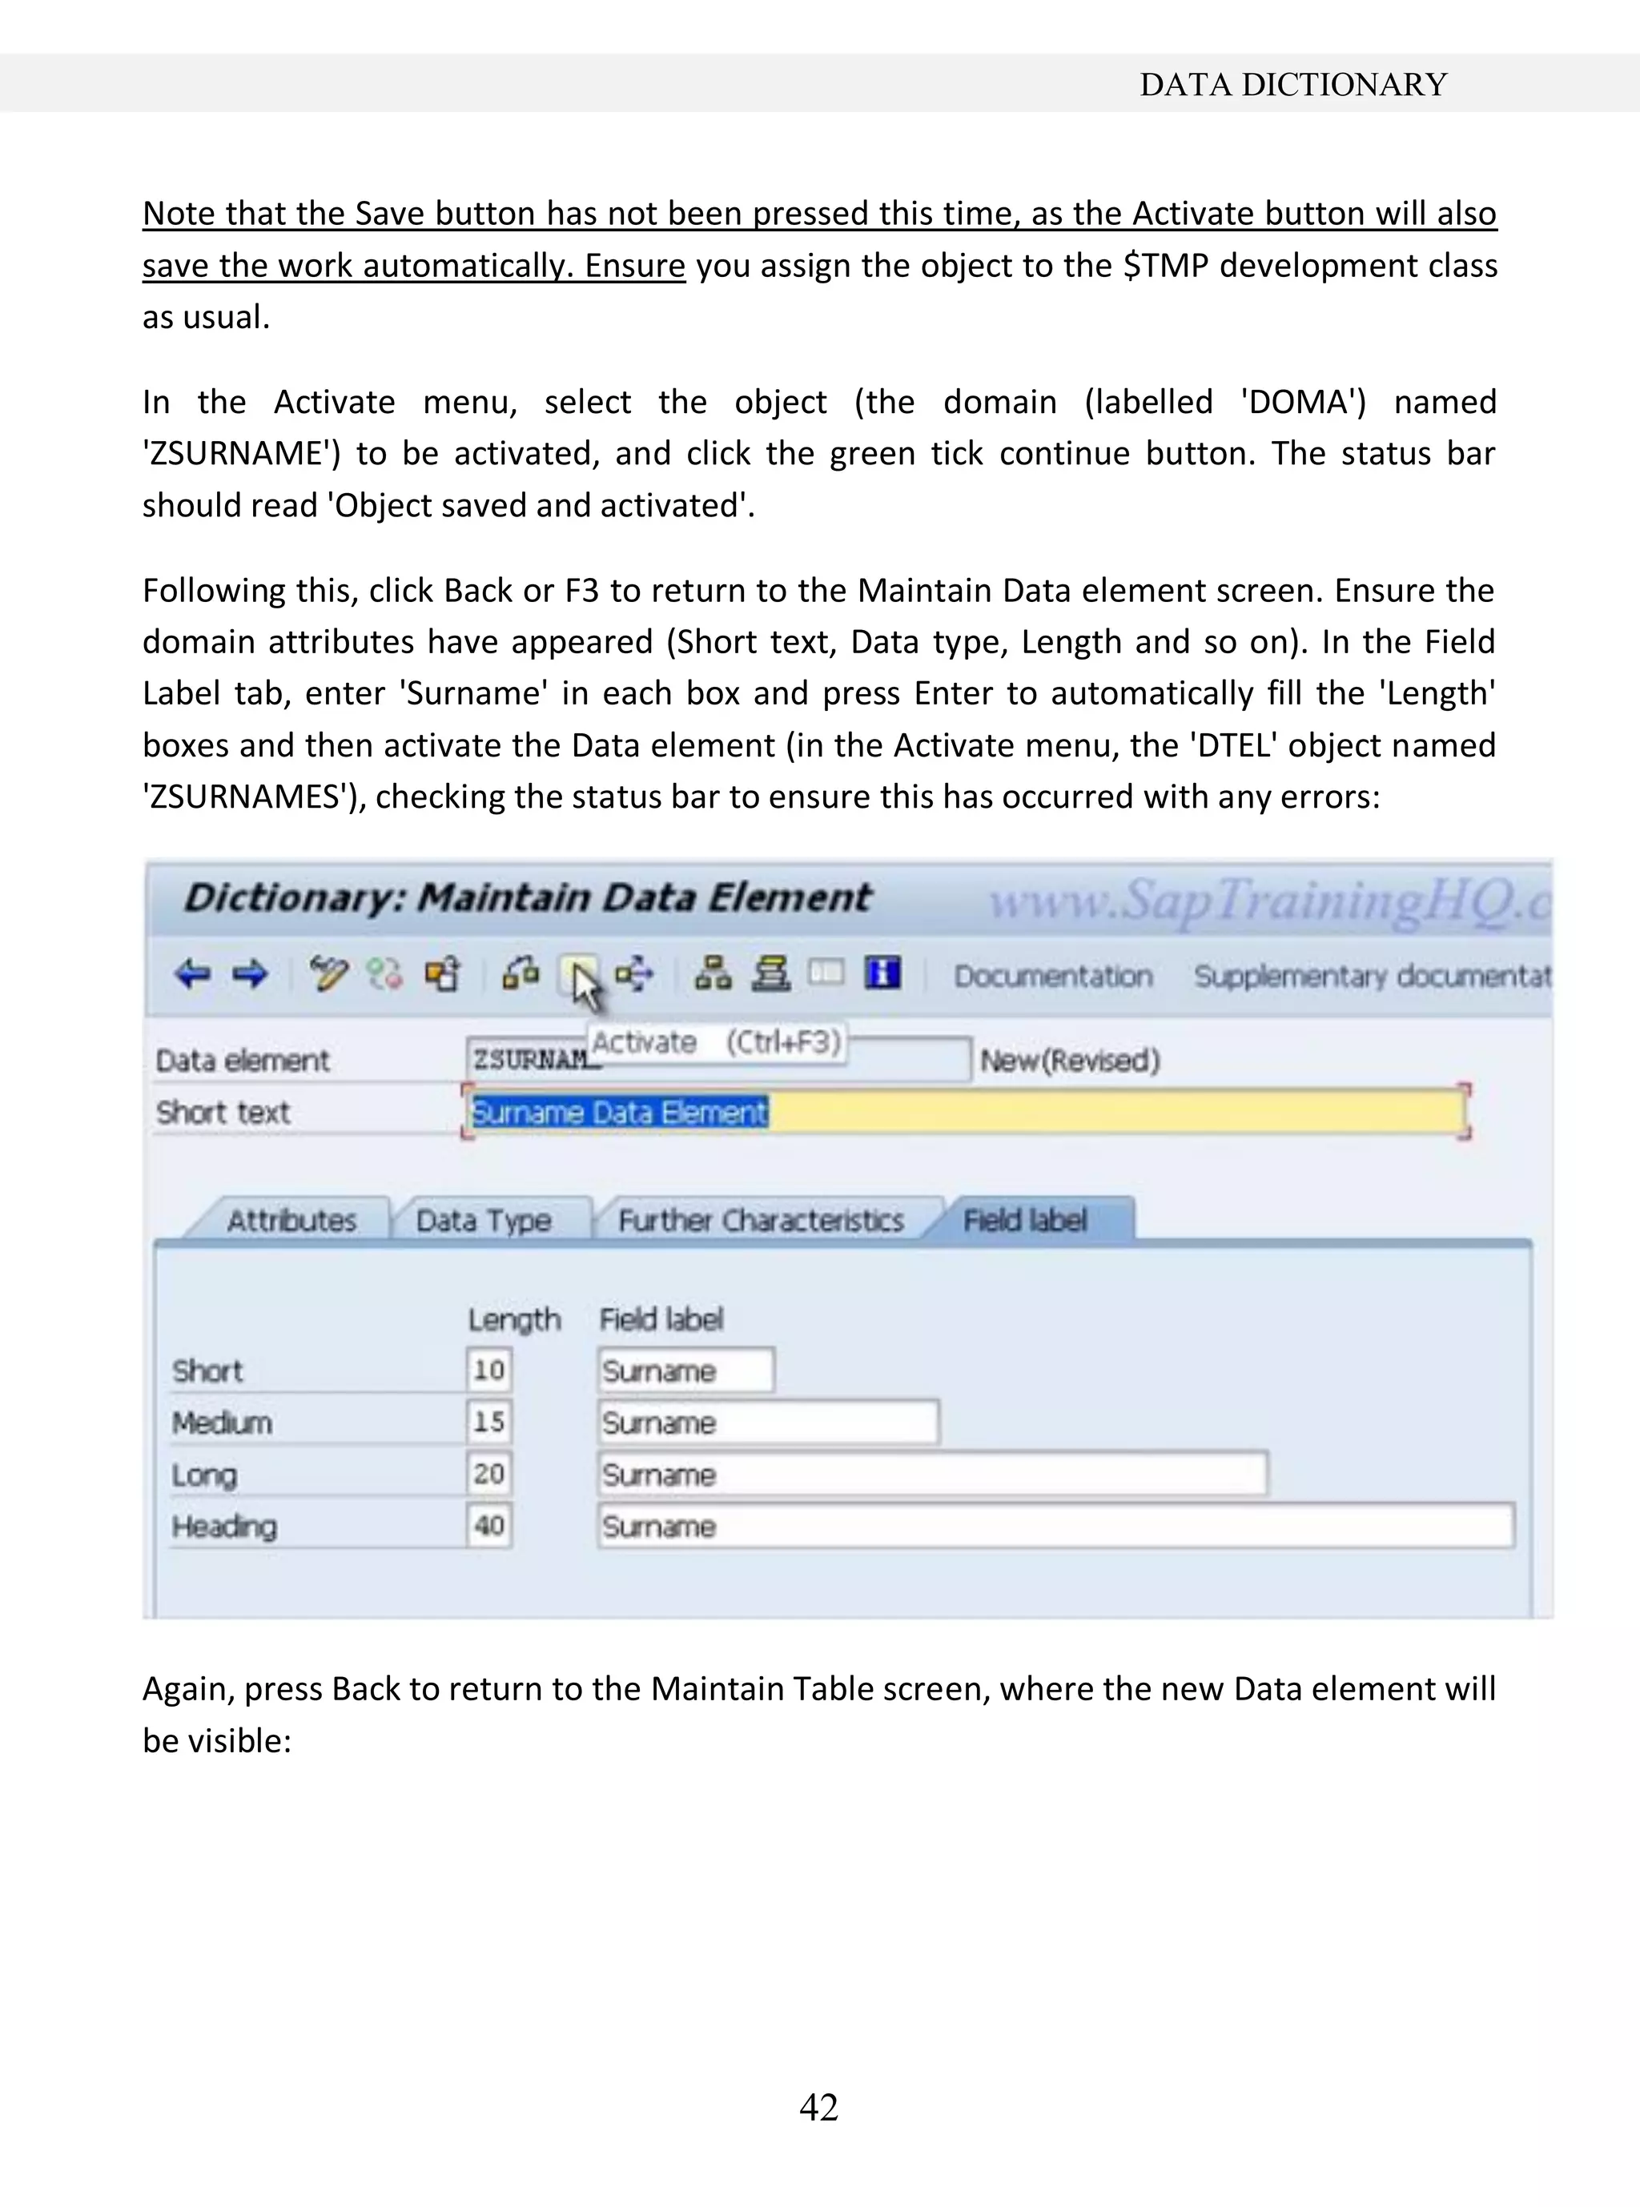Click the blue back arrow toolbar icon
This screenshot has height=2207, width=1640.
[193, 974]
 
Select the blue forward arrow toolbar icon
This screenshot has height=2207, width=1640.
[250, 974]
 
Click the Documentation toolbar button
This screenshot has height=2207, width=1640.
[1052, 977]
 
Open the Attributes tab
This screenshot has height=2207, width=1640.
[291, 1220]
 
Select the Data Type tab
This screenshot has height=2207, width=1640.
[484, 1220]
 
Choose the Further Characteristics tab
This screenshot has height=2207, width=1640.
[761, 1220]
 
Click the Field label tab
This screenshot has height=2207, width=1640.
[1026, 1220]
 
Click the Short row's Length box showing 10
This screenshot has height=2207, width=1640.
[488, 1370]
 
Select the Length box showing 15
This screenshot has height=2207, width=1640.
[488, 1422]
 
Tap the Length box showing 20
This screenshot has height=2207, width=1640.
[488, 1474]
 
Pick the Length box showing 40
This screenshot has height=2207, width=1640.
[488, 1525]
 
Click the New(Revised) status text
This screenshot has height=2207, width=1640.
[1069, 1061]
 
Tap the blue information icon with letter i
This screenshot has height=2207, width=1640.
[882, 973]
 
